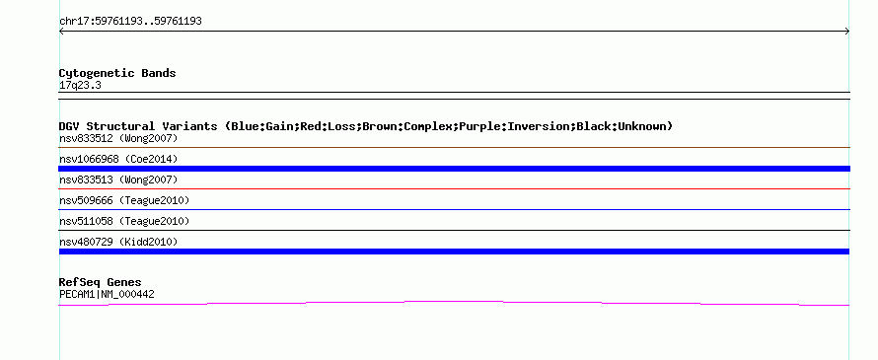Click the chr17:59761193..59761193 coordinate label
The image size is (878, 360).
point(130,22)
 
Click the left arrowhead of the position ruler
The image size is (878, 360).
point(61,32)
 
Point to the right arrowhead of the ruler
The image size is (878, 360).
point(847,32)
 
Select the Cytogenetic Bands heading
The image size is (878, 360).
point(117,73)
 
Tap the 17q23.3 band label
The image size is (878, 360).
point(80,86)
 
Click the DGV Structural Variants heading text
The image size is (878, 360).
point(138,126)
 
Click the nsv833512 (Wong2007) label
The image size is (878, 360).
point(118,138)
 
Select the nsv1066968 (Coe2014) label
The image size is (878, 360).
point(118,159)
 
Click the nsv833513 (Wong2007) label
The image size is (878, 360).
point(118,180)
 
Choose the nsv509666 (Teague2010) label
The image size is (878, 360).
point(124,200)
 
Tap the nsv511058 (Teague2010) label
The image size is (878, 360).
point(124,221)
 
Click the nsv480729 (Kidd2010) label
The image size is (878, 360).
point(118,242)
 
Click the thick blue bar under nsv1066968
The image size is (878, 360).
point(454,169)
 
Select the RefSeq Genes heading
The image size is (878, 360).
point(101,282)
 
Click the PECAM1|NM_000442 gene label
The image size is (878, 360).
point(107,295)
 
